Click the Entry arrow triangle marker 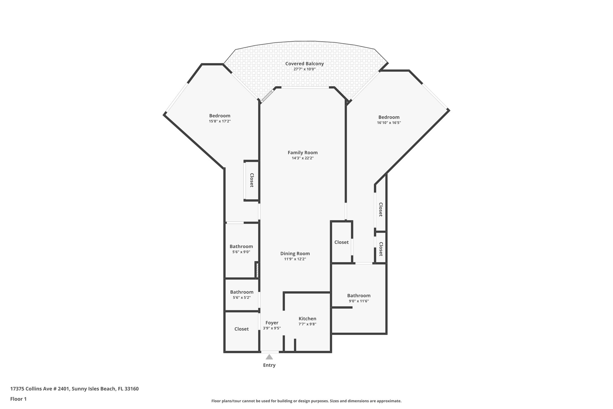pyautogui.click(x=269, y=357)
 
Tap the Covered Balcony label pyautogui.click(x=304, y=64)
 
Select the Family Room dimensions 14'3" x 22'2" pyautogui.click(x=303, y=158)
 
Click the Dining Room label pyautogui.click(x=295, y=253)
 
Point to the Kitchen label pyautogui.click(x=307, y=319)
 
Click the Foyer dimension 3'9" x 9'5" pyautogui.click(x=271, y=328)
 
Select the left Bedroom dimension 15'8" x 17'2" pyautogui.click(x=220, y=121)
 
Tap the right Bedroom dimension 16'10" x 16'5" pyautogui.click(x=389, y=123)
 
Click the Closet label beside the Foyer pyautogui.click(x=241, y=329)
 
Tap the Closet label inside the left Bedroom pyautogui.click(x=252, y=180)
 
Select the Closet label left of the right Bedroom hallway pyautogui.click(x=341, y=242)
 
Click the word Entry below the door pyautogui.click(x=269, y=365)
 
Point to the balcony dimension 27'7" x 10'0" pyautogui.click(x=304, y=69)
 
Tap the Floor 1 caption pyautogui.click(x=18, y=399)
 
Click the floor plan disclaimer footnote pyautogui.click(x=306, y=401)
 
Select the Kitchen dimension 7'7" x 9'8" pyautogui.click(x=307, y=324)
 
